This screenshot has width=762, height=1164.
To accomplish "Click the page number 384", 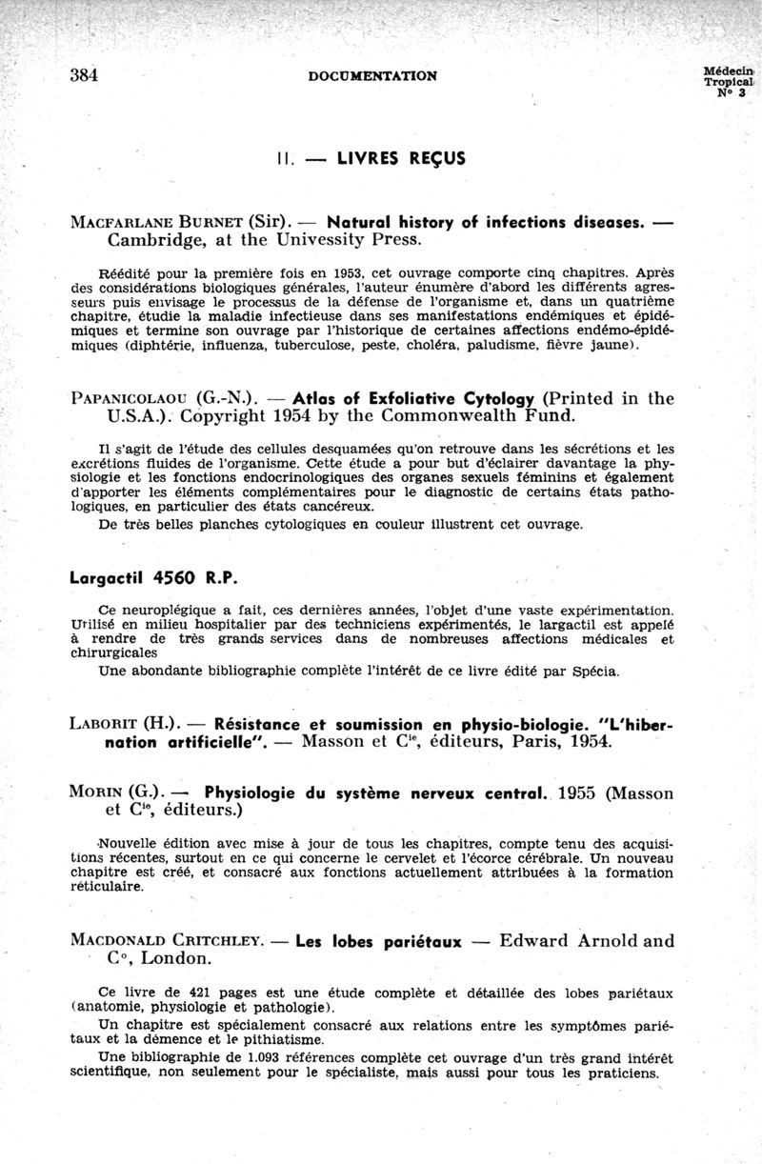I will coord(86,75).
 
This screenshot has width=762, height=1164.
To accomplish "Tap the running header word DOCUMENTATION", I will coord(373,75).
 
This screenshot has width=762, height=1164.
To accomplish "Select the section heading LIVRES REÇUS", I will coord(401,159).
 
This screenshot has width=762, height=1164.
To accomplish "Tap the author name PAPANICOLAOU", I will coord(129,398).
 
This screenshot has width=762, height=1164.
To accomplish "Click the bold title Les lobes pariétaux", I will coord(379,942).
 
